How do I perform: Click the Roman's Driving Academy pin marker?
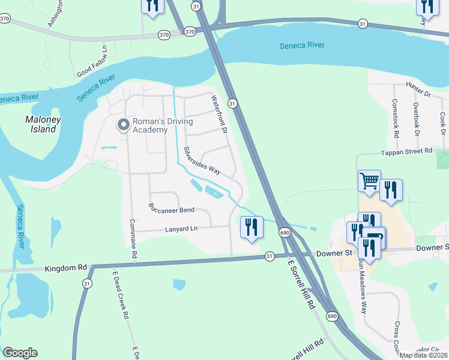click(124, 125)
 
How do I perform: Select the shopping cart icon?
click(369, 180)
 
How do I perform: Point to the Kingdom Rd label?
click(66, 268)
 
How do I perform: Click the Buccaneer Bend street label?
click(171, 209)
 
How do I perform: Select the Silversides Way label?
click(202, 161)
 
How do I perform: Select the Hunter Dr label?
click(418, 90)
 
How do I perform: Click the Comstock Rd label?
click(396, 119)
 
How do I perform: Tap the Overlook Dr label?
click(415, 118)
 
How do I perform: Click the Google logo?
click(20, 353)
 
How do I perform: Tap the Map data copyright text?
click(424, 355)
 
